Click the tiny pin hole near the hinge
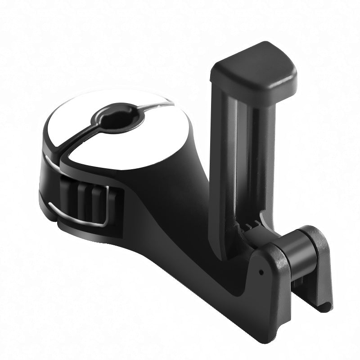(x=261, y=272)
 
